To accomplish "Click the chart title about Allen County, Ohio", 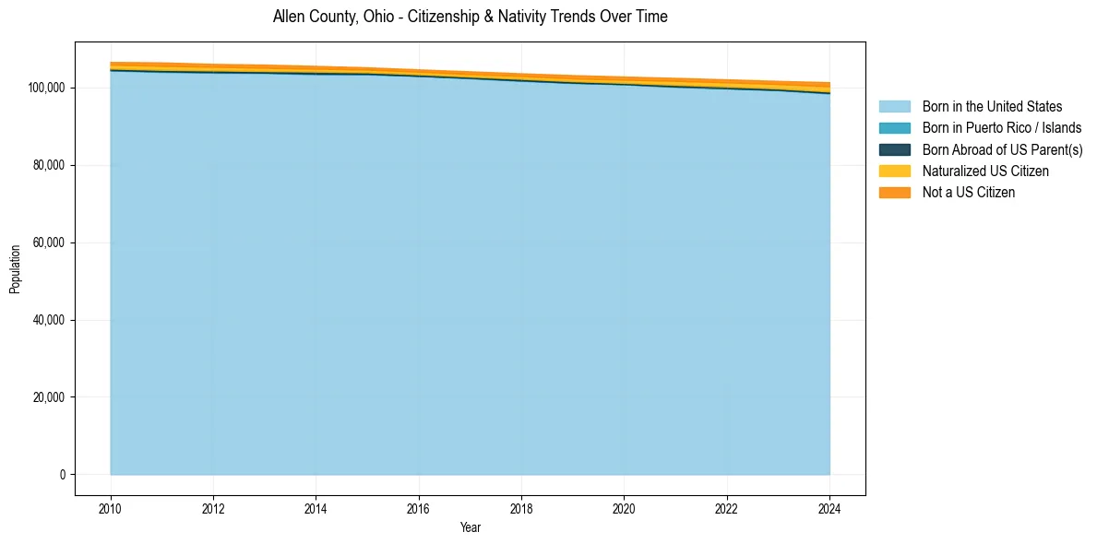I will tap(470, 17).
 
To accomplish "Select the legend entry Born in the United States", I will tap(992, 107).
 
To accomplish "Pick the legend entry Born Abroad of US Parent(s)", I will tap(1002, 149).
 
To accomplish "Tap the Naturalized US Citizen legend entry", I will tap(985, 171).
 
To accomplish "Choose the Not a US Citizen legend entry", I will tap(968, 193).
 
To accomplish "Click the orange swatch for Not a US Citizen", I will tap(894, 193).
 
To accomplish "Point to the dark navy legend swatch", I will tap(894, 149).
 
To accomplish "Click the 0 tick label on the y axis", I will tap(63, 475).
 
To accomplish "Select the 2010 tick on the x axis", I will tap(111, 508).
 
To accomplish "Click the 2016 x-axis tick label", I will tap(419, 508).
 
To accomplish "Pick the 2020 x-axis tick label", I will tap(625, 508).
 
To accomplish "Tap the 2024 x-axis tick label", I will tap(829, 508).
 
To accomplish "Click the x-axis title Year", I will tap(470, 528).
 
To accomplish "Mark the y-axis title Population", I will tap(15, 269).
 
